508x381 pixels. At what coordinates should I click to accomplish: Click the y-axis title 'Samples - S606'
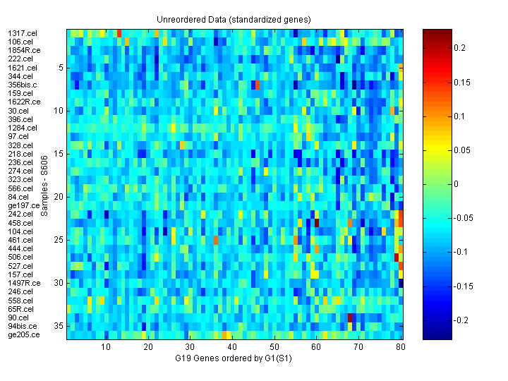pyautogui.click(x=44, y=183)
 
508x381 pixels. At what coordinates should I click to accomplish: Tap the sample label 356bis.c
pyautogui.click(x=23, y=85)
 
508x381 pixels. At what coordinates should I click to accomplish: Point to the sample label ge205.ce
pyautogui.click(x=23, y=334)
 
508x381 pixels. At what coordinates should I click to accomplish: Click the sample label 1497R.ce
pyautogui.click(x=24, y=283)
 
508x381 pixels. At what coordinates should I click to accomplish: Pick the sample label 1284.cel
pyautogui.click(x=22, y=128)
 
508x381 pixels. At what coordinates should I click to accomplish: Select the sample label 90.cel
pyautogui.click(x=18, y=317)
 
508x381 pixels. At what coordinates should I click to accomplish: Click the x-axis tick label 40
pyautogui.click(x=231, y=348)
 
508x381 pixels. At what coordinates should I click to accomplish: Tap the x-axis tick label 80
pyautogui.click(x=400, y=348)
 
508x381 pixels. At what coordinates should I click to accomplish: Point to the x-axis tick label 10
pyautogui.click(x=106, y=348)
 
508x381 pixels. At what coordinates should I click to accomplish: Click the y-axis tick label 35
pyautogui.click(x=59, y=326)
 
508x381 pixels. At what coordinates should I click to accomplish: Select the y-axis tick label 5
pyautogui.click(x=61, y=68)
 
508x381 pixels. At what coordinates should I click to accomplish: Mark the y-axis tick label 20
pyautogui.click(x=59, y=197)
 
